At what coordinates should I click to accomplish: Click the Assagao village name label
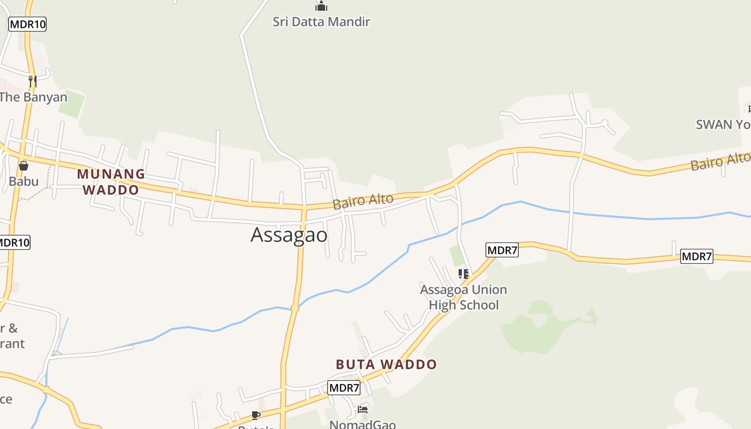click(x=289, y=235)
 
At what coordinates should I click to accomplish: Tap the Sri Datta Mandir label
click(x=321, y=22)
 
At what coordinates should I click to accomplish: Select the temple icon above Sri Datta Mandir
click(x=321, y=6)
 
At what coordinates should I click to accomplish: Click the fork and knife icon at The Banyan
click(x=33, y=82)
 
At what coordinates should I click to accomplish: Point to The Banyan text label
click(x=33, y=97)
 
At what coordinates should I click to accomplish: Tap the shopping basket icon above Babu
click(x=24, y=166)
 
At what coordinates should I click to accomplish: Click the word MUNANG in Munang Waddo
click(x=111, y=174)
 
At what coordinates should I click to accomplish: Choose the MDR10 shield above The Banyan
click(x=27, y=24)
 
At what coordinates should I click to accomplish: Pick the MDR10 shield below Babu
click(x=14, y=242)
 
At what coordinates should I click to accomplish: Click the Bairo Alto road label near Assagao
click(x=363, y=202)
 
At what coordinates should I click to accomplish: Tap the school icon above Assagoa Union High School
click(x=463, y=275)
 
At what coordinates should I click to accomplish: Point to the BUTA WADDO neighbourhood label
click(x=386, y=365)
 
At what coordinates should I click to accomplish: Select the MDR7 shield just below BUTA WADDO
click(x=344, y=388)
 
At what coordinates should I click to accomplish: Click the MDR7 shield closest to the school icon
click(x=502, y=250)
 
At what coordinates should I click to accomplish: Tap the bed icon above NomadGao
click(x=363, y=410)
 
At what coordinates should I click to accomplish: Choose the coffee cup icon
click(x=256, y=415)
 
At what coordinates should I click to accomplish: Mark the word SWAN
click(x=714, y=125)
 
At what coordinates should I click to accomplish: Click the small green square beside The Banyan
click(x=71, y=104)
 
